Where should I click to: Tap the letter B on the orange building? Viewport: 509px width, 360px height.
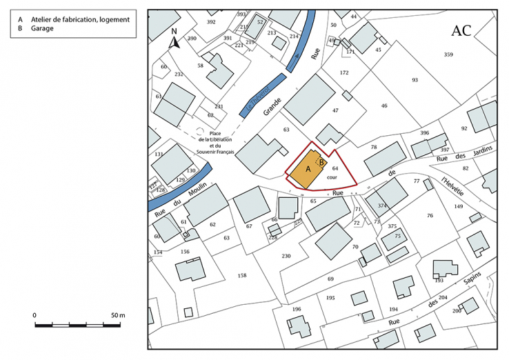click(321, 163)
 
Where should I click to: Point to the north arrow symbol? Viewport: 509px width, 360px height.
click(174, 40)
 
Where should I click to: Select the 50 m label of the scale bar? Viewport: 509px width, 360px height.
click(117, 314)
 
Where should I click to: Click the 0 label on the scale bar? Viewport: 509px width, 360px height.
click(35, 314)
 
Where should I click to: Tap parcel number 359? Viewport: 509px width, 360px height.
click(448, 54)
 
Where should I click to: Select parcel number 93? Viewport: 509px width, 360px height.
click(415, 80)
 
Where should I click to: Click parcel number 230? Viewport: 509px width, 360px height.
click(286, 256)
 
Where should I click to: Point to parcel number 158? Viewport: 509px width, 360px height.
click(242, 275)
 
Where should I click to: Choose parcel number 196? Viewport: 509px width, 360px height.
click(297, 309)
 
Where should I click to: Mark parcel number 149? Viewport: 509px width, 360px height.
click(459, 206)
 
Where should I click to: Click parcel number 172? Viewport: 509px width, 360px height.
click(344, 72)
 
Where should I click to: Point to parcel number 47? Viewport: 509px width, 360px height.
click(335, 110)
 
